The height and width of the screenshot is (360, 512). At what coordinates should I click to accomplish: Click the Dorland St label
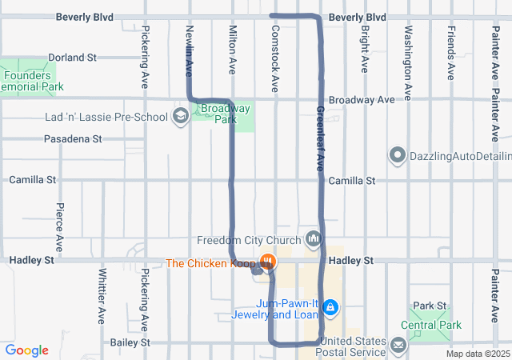(x=71, y=58)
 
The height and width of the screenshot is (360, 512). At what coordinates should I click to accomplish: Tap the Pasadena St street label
(x=72, y=139)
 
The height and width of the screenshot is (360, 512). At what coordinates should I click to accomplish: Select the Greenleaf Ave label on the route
(x=318, y=138)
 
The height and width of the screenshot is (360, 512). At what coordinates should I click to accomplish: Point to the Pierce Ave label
(x=60, y=226)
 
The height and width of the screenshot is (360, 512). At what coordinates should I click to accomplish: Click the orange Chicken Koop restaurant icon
(x=268, y=262)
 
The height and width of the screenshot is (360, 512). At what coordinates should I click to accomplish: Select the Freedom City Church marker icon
(x=313, y=239)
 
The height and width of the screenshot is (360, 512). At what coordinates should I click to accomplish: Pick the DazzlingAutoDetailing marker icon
(x=398, y=154)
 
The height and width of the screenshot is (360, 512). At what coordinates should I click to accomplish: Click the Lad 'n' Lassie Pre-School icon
(x=181, y=117)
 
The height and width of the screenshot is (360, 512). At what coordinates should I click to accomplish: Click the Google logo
(x=26, y=350)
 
